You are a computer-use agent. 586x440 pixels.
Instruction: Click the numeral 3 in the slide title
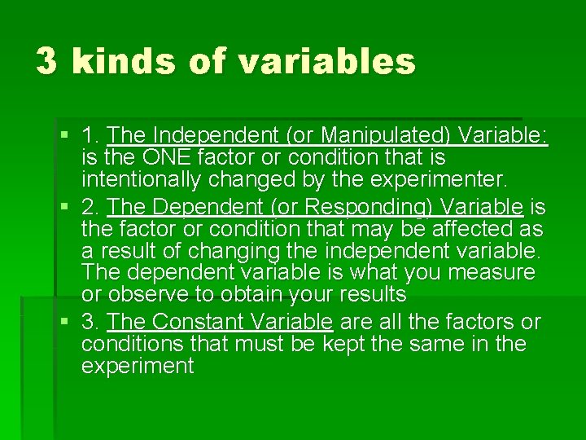pyautogui.click(x=46, y=62)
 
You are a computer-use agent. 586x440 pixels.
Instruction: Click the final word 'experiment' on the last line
pyautogui.click(x=138, y=366)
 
